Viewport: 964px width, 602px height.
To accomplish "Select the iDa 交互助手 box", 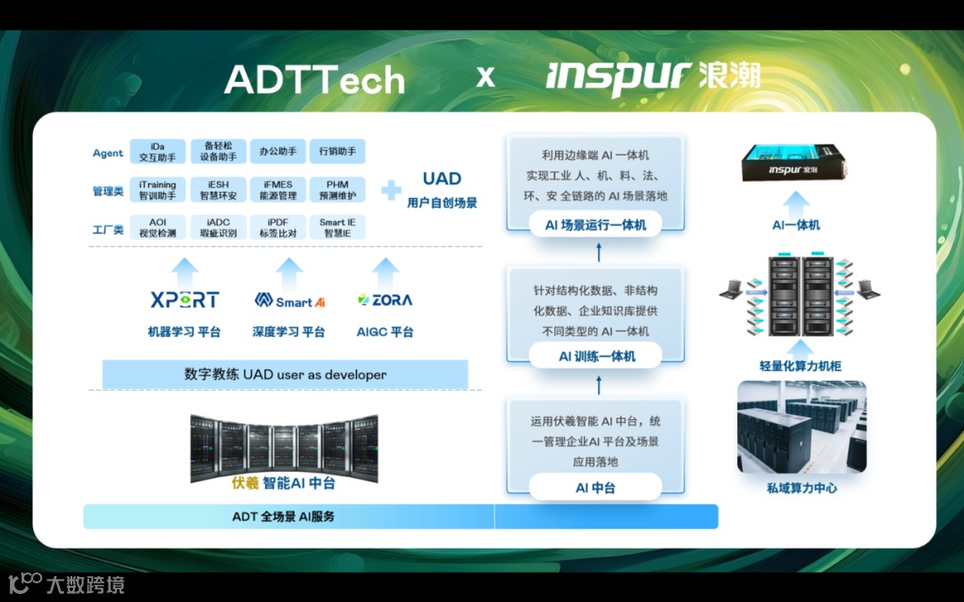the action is (x=158, y=152).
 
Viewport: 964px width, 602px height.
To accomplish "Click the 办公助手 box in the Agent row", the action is (x=278, y=152).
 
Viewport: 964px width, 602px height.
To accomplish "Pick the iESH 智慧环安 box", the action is (x=218, y=190).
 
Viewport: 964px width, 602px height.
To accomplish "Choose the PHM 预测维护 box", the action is (x=337, y=190).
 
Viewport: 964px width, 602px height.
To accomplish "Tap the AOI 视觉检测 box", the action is (x=158, y=227).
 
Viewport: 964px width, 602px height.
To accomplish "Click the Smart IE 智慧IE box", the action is (x=337, y=227).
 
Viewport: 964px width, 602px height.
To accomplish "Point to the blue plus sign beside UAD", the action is (x=391, y=189).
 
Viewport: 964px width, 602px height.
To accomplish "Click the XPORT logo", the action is (x=184, y=300).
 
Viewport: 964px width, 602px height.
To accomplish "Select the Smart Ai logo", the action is (x=289, y=301).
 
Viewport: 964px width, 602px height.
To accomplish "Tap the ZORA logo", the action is (x=385, y=300).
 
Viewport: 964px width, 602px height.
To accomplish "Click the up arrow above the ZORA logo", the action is (x=386, y=268).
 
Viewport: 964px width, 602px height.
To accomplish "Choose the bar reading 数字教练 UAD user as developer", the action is (x=286, y=375).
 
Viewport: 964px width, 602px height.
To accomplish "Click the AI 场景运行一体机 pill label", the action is (x=595, y=225).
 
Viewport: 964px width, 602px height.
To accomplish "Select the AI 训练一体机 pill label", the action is (x=595, y=357).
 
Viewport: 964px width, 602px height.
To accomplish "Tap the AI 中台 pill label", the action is (x=595, y=487).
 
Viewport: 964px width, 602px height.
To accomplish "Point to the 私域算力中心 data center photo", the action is (x=801, y=426).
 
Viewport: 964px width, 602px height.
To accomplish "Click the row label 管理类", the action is (x=108, y=191).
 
